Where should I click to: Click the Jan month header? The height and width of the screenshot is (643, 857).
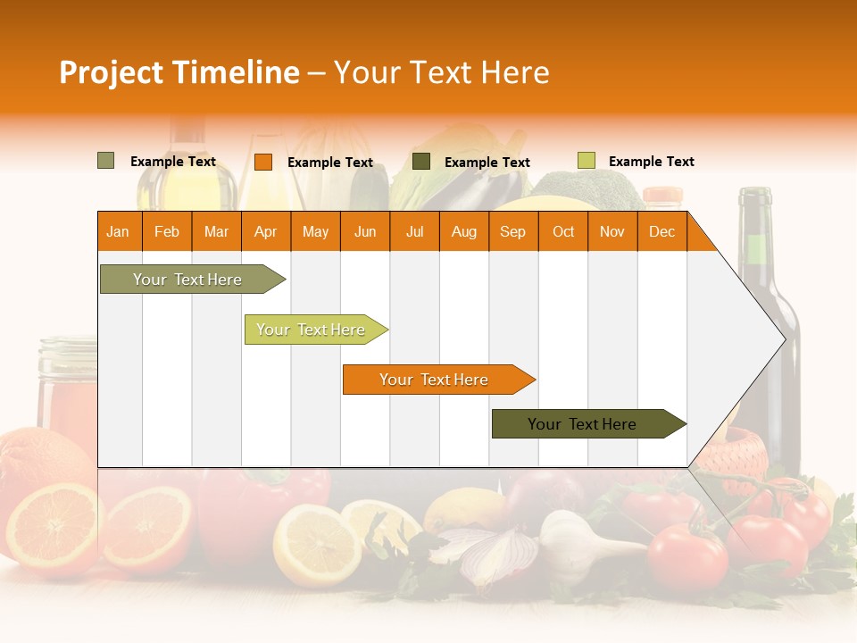[x=118, y=231]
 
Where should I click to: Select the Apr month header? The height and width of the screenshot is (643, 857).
[x=266, y=231]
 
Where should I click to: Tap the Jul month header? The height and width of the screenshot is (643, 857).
[x=414, y=231]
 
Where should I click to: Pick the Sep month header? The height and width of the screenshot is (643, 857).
[x=512, y=231]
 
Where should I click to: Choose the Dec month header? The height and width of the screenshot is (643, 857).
[x=661, y=231]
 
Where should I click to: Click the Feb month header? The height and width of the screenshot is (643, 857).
[x=167, y=231]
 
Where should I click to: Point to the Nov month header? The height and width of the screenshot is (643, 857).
[x=612, y=231]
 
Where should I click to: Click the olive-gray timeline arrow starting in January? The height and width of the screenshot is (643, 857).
[x=188, y=280]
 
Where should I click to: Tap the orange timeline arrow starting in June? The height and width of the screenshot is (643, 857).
[x=435, y=380]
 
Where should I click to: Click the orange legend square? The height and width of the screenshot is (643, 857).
[x=263, y=162]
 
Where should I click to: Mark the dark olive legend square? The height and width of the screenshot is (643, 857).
[x=421, y=162]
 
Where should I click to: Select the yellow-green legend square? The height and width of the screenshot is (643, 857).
[x=586, y=161]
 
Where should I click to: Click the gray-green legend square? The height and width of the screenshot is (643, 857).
[x=106, y=161]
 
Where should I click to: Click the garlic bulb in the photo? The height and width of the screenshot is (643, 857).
[x=571, y=540]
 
